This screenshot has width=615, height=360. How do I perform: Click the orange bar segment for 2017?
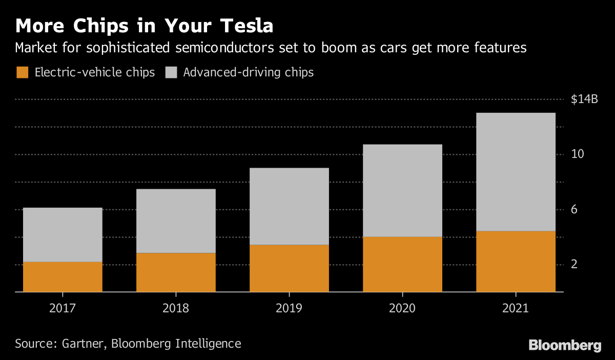(63, 277)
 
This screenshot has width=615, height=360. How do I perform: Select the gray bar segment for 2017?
(63, 235)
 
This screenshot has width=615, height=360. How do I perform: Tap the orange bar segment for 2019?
(289, 268)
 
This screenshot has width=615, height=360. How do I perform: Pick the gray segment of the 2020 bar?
(402, 190)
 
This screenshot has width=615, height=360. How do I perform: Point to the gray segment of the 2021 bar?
(516, 172)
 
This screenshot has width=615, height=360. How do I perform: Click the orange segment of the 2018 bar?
(176, 272)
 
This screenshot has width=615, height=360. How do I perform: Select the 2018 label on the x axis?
(176, 308)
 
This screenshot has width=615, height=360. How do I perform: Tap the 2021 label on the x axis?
(516, 308)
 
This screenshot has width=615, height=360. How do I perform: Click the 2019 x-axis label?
(289, 308)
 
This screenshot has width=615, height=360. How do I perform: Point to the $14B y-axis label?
(584, 99)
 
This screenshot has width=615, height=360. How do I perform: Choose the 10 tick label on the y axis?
(578, 154)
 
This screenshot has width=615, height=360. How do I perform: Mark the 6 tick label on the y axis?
(575, 209)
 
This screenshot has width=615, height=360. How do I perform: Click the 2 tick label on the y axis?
(575, 265)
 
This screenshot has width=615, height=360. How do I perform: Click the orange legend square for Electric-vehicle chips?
(23, 72)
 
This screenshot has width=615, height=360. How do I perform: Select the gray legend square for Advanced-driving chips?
(171, 72)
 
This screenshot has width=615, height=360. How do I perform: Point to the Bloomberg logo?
(565, 345)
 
